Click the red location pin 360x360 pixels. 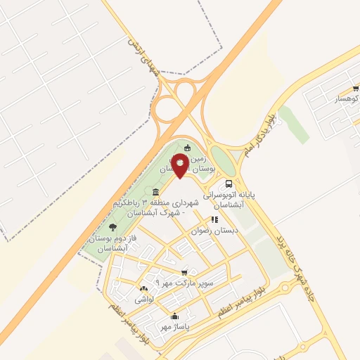click(x=180, y=165)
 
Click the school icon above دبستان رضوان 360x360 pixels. click(x=215, y=219)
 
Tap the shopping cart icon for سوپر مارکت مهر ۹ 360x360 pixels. click(x=184, y=272)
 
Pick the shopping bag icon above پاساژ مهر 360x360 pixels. click(x=174, y=316)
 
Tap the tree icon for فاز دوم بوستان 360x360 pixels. click(x=112, y=226)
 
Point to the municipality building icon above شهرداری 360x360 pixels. click(x=155, y=193)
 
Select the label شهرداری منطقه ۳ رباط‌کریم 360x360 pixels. click(x=156, y=208)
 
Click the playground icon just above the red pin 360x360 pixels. click(x=187, y=148)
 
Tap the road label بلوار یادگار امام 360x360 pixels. click(x=265, y=134)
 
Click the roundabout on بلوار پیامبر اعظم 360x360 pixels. click(x=286, y=287)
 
